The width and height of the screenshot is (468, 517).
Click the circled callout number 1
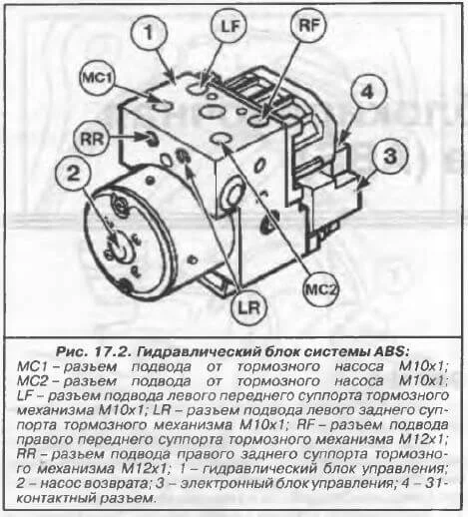tap(149, 32)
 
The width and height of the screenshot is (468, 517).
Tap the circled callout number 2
tap(74, 174)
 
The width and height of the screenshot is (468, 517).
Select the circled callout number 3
tap(389, 157)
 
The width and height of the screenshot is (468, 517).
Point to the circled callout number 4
tap(367, 92)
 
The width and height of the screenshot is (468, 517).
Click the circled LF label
tap(230, 26)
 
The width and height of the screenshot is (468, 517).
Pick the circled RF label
tap(308, 25)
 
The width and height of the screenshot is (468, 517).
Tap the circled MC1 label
tap(97, 79)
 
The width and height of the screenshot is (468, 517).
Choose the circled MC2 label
tap(320, 290)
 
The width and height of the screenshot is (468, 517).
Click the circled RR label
tap(92, 138)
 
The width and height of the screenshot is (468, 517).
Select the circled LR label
tap(249, 308)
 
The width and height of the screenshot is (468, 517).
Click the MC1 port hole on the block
tap(163, 106)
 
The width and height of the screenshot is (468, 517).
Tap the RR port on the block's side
tap(152, 138)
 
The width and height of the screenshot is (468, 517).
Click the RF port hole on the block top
tap(260, 121)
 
